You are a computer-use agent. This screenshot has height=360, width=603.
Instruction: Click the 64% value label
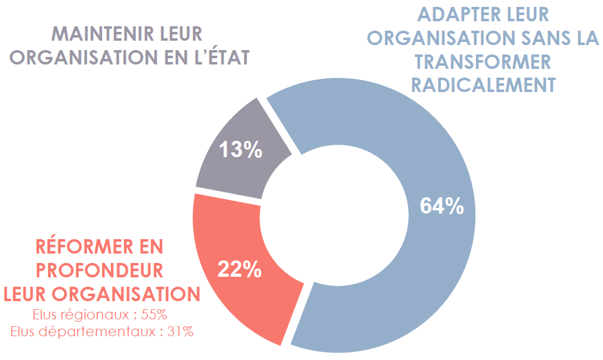pos(442,205)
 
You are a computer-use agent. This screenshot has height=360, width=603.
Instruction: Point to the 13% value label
pos(240,150)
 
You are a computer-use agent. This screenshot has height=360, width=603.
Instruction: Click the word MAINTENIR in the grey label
pos(93,33)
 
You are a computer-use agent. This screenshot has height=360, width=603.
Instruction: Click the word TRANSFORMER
pos(483,61)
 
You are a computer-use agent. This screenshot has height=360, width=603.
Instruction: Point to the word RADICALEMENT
pos(483,85)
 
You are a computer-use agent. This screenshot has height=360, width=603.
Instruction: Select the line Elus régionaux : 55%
pos(100,314)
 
